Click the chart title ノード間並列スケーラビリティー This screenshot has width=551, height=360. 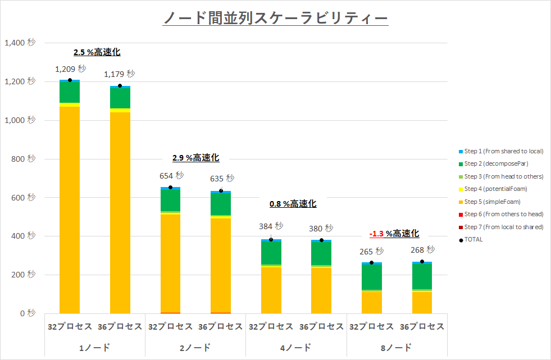pyautogui.click(x=275, y=19)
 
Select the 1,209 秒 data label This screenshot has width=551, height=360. pyautogui.click(x=71, y=69)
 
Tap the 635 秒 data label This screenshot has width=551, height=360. pyautogui.click(x=222, y=179)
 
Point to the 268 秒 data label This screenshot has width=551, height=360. pyautogui.click(x=423, y=249)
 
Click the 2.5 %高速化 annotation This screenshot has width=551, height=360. pyautogui.click(x=97, y=52)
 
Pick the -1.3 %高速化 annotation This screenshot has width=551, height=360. pyautogui.click(x=394, y=234)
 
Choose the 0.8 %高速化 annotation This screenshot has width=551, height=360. pyautogui.click(x=293, y=204)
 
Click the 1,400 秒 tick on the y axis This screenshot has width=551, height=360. pyautogui.click(x=20, y=43)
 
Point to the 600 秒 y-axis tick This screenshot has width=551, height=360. pyautogui.click(x=24, y=198)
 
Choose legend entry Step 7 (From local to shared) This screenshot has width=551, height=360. pyautogui.click(x=503, y=227)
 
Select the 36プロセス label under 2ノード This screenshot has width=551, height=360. pyautogui.click(x=221, y=326)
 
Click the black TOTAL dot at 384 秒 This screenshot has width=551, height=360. pyautogui.click(x=271, y=240)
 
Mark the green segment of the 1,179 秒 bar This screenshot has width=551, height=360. pyautogui.click(x=120, y=98)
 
